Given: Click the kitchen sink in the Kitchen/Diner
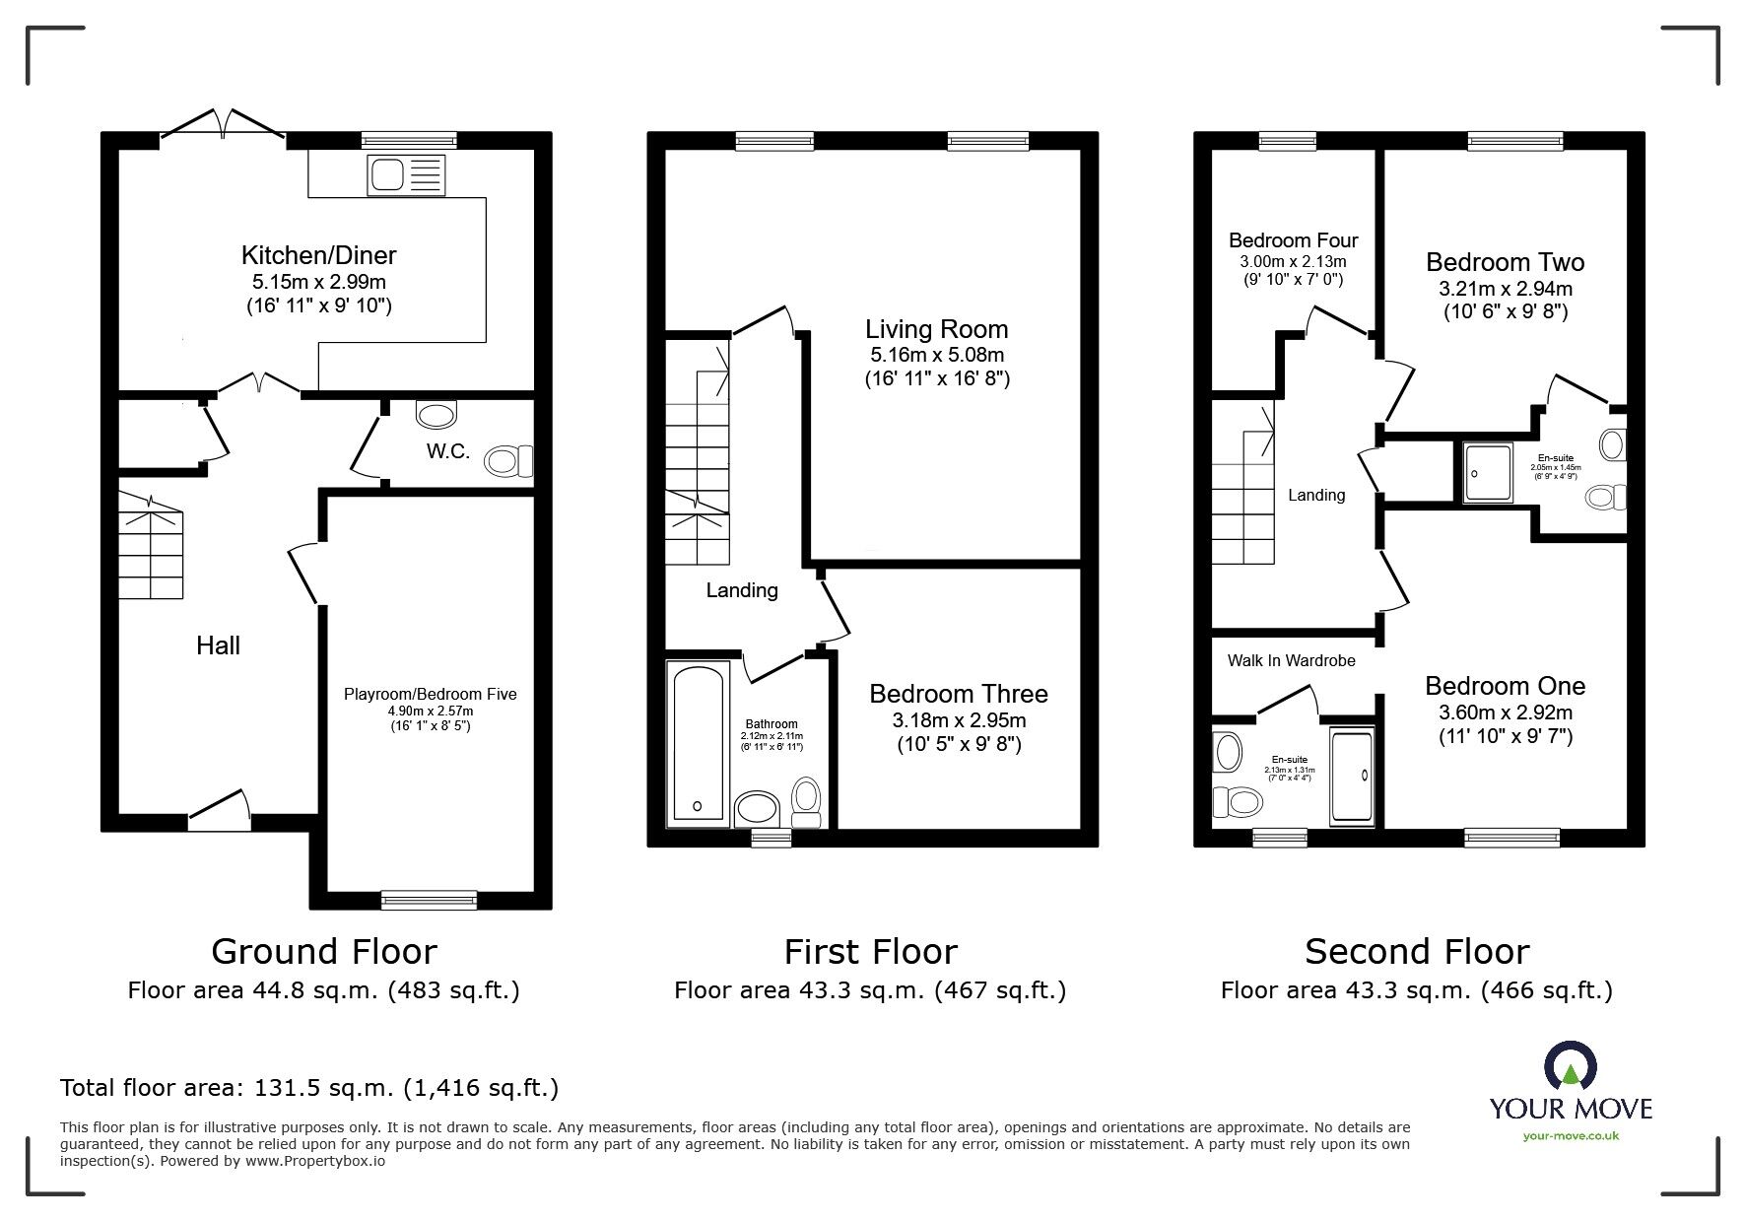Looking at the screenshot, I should (x=405, y=175).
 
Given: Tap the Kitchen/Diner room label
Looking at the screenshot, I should (x=318, y=255).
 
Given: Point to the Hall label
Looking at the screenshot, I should (x=218, y=645).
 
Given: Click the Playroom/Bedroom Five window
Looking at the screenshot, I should (x=429, y=899).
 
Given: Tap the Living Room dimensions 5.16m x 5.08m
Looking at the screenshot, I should (x=936, y=355).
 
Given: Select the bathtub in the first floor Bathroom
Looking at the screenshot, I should (x=698, y=741).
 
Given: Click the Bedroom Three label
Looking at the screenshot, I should (x=958, y=694).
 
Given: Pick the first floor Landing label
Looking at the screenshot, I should (x=742, y=590).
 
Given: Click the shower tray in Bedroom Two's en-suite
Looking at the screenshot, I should (x=1487, y=471).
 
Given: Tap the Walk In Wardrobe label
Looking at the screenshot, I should (x=1291, y=660).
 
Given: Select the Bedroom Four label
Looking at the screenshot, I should (x=1293, y=240).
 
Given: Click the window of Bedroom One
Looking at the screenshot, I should (x=1512, y=838).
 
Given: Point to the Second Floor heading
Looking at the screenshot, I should (x=1416, y=952).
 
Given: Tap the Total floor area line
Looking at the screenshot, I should (x=309, y=1088).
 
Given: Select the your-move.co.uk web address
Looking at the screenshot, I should (x=1571, y=1136).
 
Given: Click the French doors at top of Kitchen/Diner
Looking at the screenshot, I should (x=224, y=126).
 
